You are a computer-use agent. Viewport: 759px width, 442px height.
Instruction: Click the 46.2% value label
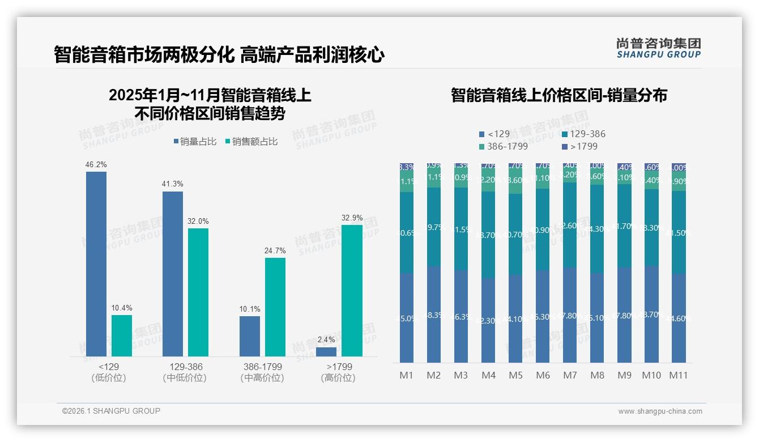point(96,164)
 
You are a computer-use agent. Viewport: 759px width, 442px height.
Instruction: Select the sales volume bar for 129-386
point(173,274)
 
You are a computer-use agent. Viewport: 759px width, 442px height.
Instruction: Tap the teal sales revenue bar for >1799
point(352,290)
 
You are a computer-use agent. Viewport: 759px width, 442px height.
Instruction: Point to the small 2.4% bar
point(326,351)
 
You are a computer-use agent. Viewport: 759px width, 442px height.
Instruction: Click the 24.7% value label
point(275,250)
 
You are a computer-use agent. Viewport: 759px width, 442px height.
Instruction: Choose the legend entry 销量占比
point(194,142)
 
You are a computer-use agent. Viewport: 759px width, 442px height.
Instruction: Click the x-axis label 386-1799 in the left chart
point(262,367)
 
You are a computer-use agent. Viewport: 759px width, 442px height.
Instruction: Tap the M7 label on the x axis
point(570,375)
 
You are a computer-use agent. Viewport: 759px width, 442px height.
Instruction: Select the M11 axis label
point(679,375)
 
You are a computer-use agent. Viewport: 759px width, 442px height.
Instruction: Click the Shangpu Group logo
point(659,48)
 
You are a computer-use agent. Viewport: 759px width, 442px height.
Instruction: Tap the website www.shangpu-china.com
point(660,411)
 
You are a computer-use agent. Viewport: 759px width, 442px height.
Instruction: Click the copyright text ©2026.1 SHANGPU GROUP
point(111,411)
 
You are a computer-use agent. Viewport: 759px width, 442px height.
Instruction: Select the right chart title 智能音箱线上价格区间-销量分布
point(559,95)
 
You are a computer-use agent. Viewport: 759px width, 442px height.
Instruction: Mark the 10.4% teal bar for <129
point(122,335)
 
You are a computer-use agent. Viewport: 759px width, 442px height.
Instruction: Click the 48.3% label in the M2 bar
point(434,315)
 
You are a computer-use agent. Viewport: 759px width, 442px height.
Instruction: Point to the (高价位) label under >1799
point(338,378)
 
